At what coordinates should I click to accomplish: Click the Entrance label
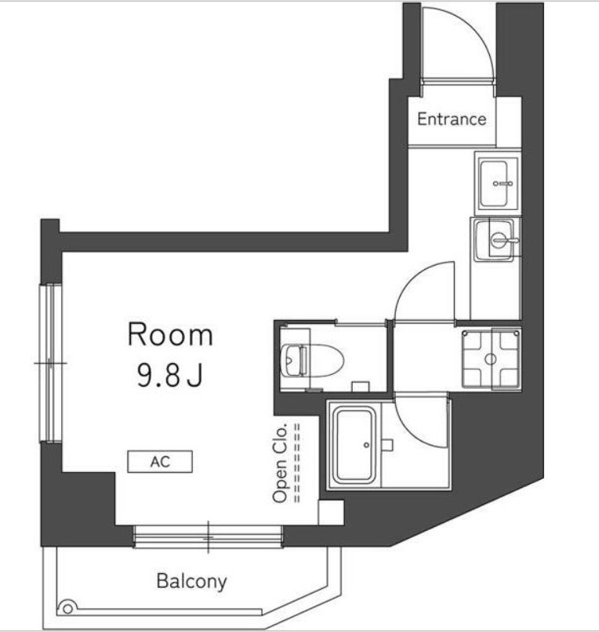click(x=452, y=119)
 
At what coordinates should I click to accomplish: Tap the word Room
click(x=170, y=335)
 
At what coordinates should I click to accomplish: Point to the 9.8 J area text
click(x=169, y=375)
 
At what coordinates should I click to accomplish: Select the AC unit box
click(x=160, y=462)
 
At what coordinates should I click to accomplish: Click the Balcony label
click(x=191, y=581)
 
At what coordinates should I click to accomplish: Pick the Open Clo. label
click(x=280, y=463)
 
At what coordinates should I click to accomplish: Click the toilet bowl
click(x=313, y=360)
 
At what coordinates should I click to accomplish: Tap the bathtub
click(x=354, y=445)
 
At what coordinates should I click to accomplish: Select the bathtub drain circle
click(x=366, y=445)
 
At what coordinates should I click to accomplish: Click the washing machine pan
click(x=491, y=358)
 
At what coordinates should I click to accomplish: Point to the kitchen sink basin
click(x=494, y=183)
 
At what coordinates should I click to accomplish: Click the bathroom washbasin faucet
click(x=505, y=241)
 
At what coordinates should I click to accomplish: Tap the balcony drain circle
click(x=67, y=608)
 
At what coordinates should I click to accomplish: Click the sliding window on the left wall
click(x=51, y=363)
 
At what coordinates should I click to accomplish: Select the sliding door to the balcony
click(x=208, y=536)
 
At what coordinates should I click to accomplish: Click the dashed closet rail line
click(x=297, y=463)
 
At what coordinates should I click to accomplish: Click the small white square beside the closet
click(x=331, y=512)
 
